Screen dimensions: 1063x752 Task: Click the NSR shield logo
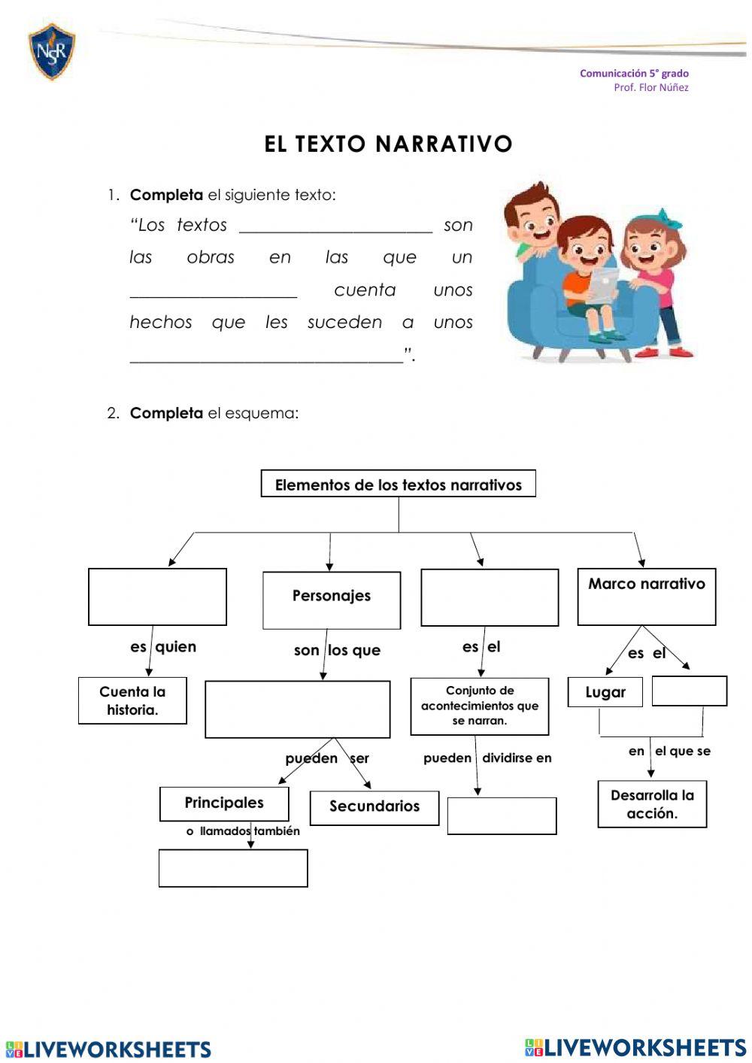[51, 51]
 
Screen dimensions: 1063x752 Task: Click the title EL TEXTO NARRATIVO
[388, 144]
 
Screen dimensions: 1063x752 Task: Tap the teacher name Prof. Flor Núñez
[650, 87]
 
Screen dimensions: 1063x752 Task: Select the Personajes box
[332, 600]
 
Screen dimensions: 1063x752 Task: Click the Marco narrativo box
[646, 597]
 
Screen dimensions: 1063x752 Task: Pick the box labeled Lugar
[605, 692]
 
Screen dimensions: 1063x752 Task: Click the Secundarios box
[374, 807]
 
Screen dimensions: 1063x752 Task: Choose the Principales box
[224, 803]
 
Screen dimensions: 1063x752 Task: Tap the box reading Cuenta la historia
[132, 700]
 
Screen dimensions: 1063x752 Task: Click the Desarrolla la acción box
[652, 804]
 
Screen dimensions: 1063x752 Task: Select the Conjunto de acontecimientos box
[480, 706]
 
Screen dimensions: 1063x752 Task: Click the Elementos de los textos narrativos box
[398, 484]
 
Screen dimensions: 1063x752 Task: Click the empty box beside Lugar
[689, 691]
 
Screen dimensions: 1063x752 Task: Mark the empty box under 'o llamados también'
[233, 868]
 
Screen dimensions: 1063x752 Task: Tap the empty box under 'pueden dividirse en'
[502, 815]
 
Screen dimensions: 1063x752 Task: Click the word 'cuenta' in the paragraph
[365, 290]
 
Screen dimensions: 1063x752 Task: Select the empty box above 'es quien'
[157, 597]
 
